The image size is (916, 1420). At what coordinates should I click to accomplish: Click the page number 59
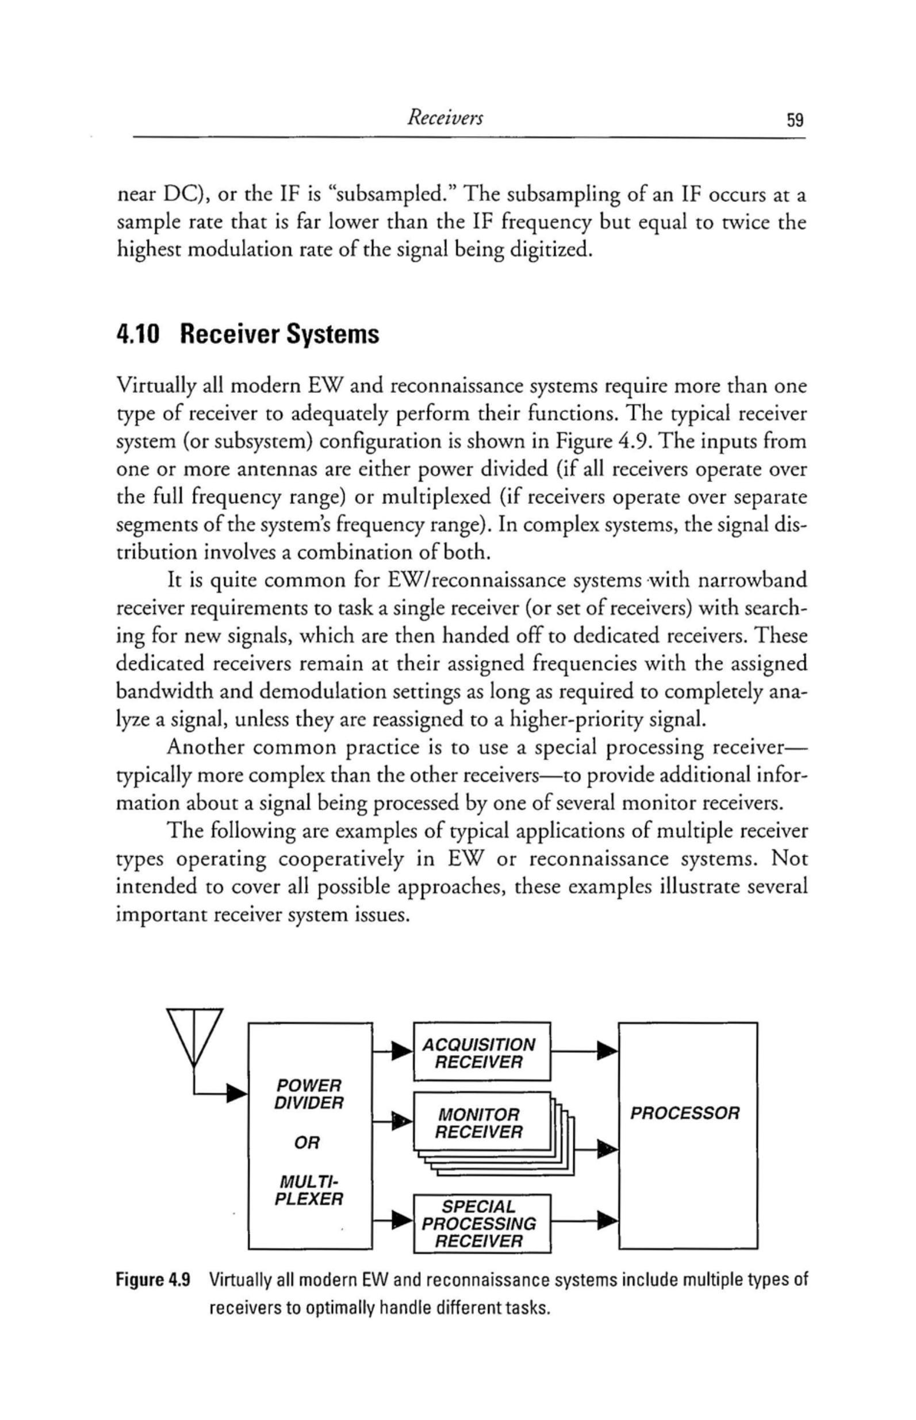795,120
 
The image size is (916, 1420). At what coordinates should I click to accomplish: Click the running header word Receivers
444,119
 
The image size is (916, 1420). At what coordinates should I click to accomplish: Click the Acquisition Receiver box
482,1052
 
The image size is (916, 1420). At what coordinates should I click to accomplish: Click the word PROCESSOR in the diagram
685,1112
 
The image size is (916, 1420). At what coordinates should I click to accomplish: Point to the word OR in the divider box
308,1143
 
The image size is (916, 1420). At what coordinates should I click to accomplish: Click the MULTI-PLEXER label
309,1190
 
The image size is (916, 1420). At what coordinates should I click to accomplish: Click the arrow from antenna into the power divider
237,1092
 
